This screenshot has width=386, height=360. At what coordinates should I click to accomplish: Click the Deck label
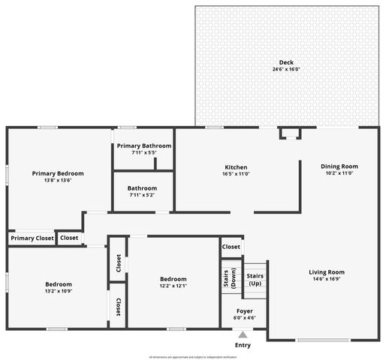(286, 62)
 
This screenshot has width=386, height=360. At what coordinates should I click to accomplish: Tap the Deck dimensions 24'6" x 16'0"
(286, 69)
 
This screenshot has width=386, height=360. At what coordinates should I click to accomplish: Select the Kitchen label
(236, 167)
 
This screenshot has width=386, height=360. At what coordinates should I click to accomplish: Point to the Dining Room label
(339, 166)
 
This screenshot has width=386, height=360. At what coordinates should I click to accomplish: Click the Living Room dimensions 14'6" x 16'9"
(327, 278)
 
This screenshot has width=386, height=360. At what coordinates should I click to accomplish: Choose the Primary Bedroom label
(58, 173)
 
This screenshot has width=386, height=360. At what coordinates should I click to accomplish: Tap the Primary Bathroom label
(143, 145)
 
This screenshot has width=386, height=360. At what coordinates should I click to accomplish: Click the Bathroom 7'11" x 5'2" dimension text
(142, 195)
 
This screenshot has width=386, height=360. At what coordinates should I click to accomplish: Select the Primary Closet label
(32, 238)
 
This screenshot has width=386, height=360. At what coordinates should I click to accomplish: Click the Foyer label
(245, 310)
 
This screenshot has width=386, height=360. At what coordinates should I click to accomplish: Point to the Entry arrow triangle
(243, 335)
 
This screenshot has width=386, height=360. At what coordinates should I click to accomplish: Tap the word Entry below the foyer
(243, 345)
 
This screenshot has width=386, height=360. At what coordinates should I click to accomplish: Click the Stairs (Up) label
(255, 279)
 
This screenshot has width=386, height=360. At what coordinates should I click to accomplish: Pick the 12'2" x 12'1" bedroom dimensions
(173, 285)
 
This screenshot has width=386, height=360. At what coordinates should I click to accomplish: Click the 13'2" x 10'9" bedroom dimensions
(58, 291)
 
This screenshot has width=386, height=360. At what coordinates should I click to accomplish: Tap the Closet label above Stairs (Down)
(231, 246)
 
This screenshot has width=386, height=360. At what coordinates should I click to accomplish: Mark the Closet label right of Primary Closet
(69, 238)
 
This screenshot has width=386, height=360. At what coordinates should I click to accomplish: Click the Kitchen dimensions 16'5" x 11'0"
(236, 174)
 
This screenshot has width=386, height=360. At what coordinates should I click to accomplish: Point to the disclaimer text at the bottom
(193, 356)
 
